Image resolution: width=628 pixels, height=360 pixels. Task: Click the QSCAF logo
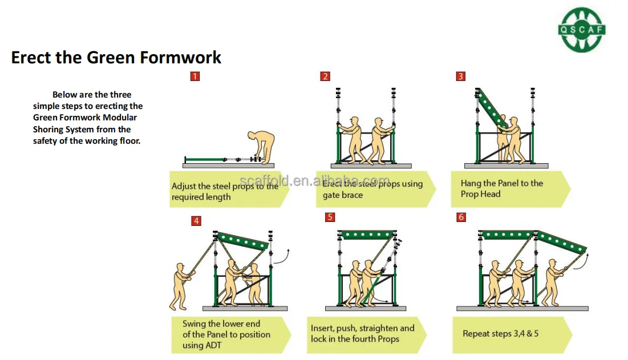tap(582, 30)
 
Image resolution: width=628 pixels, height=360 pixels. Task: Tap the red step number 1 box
tap(195, 76)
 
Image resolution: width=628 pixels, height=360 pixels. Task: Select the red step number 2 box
tap(325, 76)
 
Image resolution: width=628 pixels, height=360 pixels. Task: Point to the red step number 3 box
tap(461, 76)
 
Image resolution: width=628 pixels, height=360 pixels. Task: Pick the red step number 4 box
tap(196, 221)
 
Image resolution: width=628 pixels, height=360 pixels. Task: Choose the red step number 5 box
tap(330, 217)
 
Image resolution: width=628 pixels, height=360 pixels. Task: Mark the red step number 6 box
tap(461, 217)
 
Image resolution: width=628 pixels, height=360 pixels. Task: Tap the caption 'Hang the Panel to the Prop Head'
tap(501, 189)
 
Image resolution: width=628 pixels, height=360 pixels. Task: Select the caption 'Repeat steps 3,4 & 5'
tap(500, 334)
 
